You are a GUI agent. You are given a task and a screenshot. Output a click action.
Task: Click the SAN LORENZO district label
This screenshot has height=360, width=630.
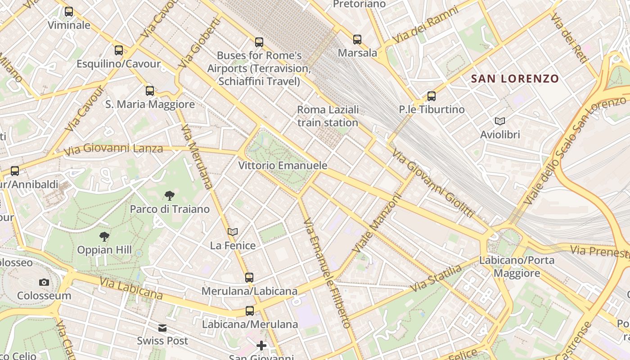[515, 79]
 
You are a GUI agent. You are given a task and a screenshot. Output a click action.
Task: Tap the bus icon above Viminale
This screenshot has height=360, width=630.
[69, 12]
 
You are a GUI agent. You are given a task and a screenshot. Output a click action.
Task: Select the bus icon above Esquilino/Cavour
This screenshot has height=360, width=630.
[119, 50]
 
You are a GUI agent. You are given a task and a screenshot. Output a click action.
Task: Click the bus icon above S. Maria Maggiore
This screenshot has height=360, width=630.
[150, 91]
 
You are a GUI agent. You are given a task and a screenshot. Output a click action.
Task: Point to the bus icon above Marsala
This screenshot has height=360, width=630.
[357, 40]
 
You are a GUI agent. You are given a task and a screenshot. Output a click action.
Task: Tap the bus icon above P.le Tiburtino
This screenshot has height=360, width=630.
[432, 96]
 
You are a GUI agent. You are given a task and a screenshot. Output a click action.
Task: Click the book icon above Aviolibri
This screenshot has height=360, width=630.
[500, 121]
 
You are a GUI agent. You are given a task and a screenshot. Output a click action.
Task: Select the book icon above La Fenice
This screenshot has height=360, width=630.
[233, 232]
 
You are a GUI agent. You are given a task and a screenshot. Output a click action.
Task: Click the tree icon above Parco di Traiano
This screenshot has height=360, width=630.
[170, 195]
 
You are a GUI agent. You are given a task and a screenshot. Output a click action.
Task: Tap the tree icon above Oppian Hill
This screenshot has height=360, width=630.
[104, 236]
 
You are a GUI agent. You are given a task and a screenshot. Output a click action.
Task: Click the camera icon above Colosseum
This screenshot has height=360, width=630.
[44, 282]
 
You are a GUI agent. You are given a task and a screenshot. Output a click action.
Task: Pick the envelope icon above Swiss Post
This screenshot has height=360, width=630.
[162, 328]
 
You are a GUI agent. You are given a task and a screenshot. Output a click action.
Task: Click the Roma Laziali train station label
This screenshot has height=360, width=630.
[328, 116]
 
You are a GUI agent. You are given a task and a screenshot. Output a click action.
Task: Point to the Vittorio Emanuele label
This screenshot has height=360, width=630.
[283, 166]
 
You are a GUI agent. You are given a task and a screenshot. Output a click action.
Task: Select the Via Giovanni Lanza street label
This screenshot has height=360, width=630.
[113, 149]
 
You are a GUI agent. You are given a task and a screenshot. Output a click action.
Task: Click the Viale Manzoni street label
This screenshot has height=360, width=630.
[377, 224]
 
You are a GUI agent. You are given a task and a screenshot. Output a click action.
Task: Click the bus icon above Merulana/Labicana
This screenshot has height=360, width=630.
[249, 278]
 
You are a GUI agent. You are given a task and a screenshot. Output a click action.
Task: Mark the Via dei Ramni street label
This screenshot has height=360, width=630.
[426, 25]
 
